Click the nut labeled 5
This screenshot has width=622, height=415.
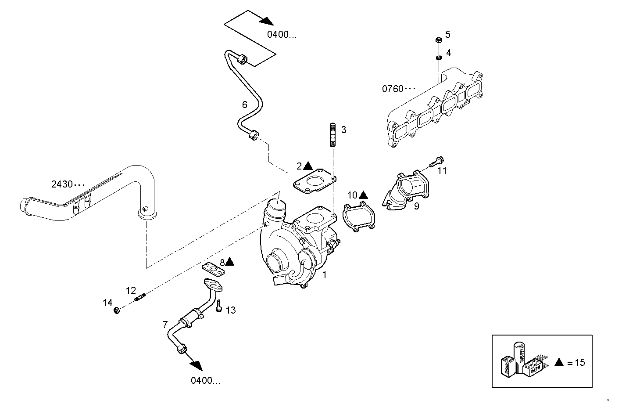(x=438, y=40)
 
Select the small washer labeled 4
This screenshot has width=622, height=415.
(x=438, y=58)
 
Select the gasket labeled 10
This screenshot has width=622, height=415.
(x=359, y=217)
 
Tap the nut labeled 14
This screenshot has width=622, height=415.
(x=117, y=311)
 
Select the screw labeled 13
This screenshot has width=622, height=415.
(x=218, y=306)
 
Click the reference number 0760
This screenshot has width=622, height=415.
(x=393, y=89)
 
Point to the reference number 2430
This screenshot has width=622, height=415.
(x=62, y=184)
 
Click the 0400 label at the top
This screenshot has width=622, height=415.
(x=282, y=35)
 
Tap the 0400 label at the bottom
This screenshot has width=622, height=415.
(x=205, y=380)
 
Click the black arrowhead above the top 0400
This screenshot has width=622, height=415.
(x=266, y=21)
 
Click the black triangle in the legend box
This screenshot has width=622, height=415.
(x=558, y=362)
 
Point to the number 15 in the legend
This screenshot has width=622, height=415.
(x=580, y=362)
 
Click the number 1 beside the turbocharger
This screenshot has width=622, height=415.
(x=324, y=275)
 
